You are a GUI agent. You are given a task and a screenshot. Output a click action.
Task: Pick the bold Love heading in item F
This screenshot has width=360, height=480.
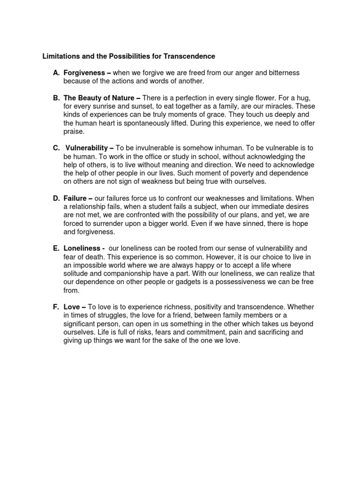71,307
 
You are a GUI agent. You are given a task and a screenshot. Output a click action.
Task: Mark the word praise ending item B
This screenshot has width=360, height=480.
74,132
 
